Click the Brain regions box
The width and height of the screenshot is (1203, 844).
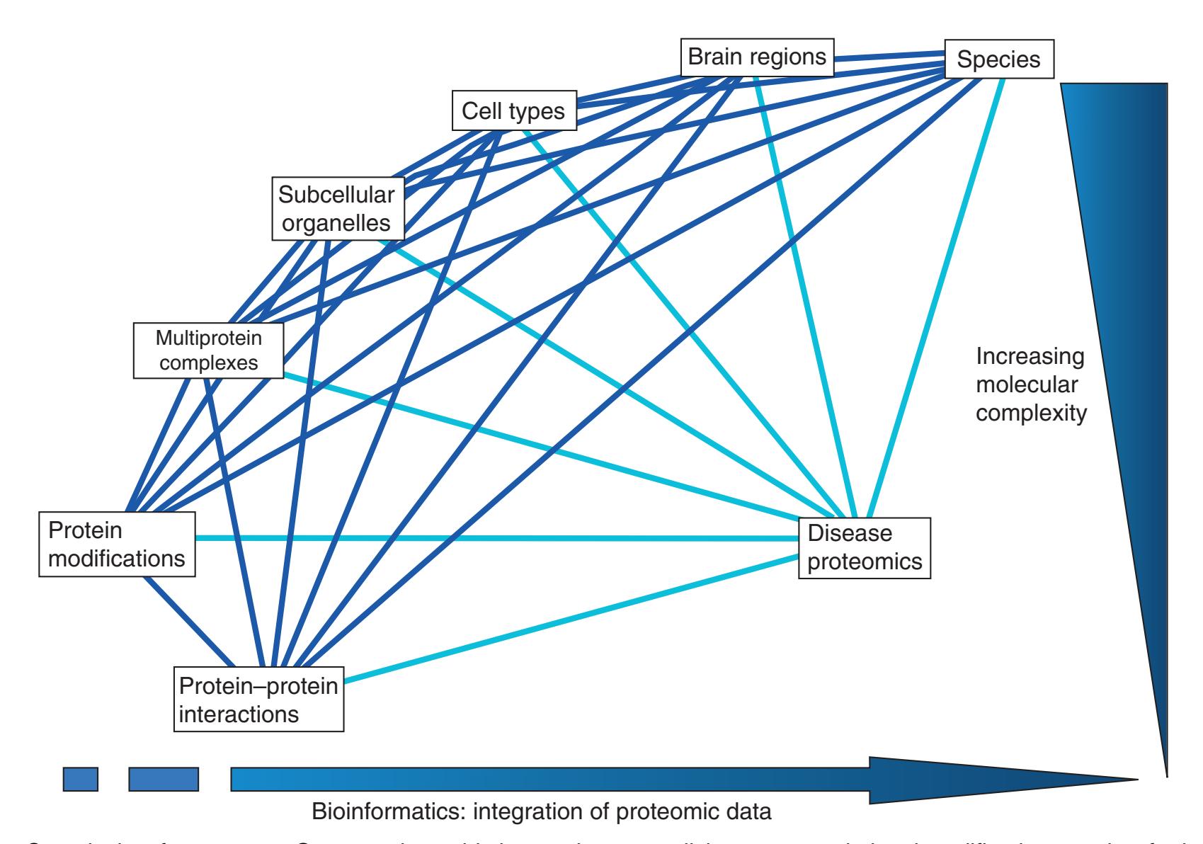click(757, 57)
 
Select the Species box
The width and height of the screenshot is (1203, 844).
click(998, 59)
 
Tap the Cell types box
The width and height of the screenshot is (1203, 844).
click(513, 111)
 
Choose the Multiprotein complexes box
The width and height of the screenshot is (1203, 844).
click(208, 350)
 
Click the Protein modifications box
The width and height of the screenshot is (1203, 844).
click(118, 545)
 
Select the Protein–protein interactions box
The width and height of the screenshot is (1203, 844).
click(258, 699)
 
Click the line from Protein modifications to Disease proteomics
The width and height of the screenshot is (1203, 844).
click(496, 538)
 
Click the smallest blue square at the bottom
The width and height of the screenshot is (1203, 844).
click(80, 779)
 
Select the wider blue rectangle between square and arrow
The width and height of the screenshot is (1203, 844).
click(164, 779)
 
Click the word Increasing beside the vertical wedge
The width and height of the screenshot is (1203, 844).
click(1030, 357)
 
